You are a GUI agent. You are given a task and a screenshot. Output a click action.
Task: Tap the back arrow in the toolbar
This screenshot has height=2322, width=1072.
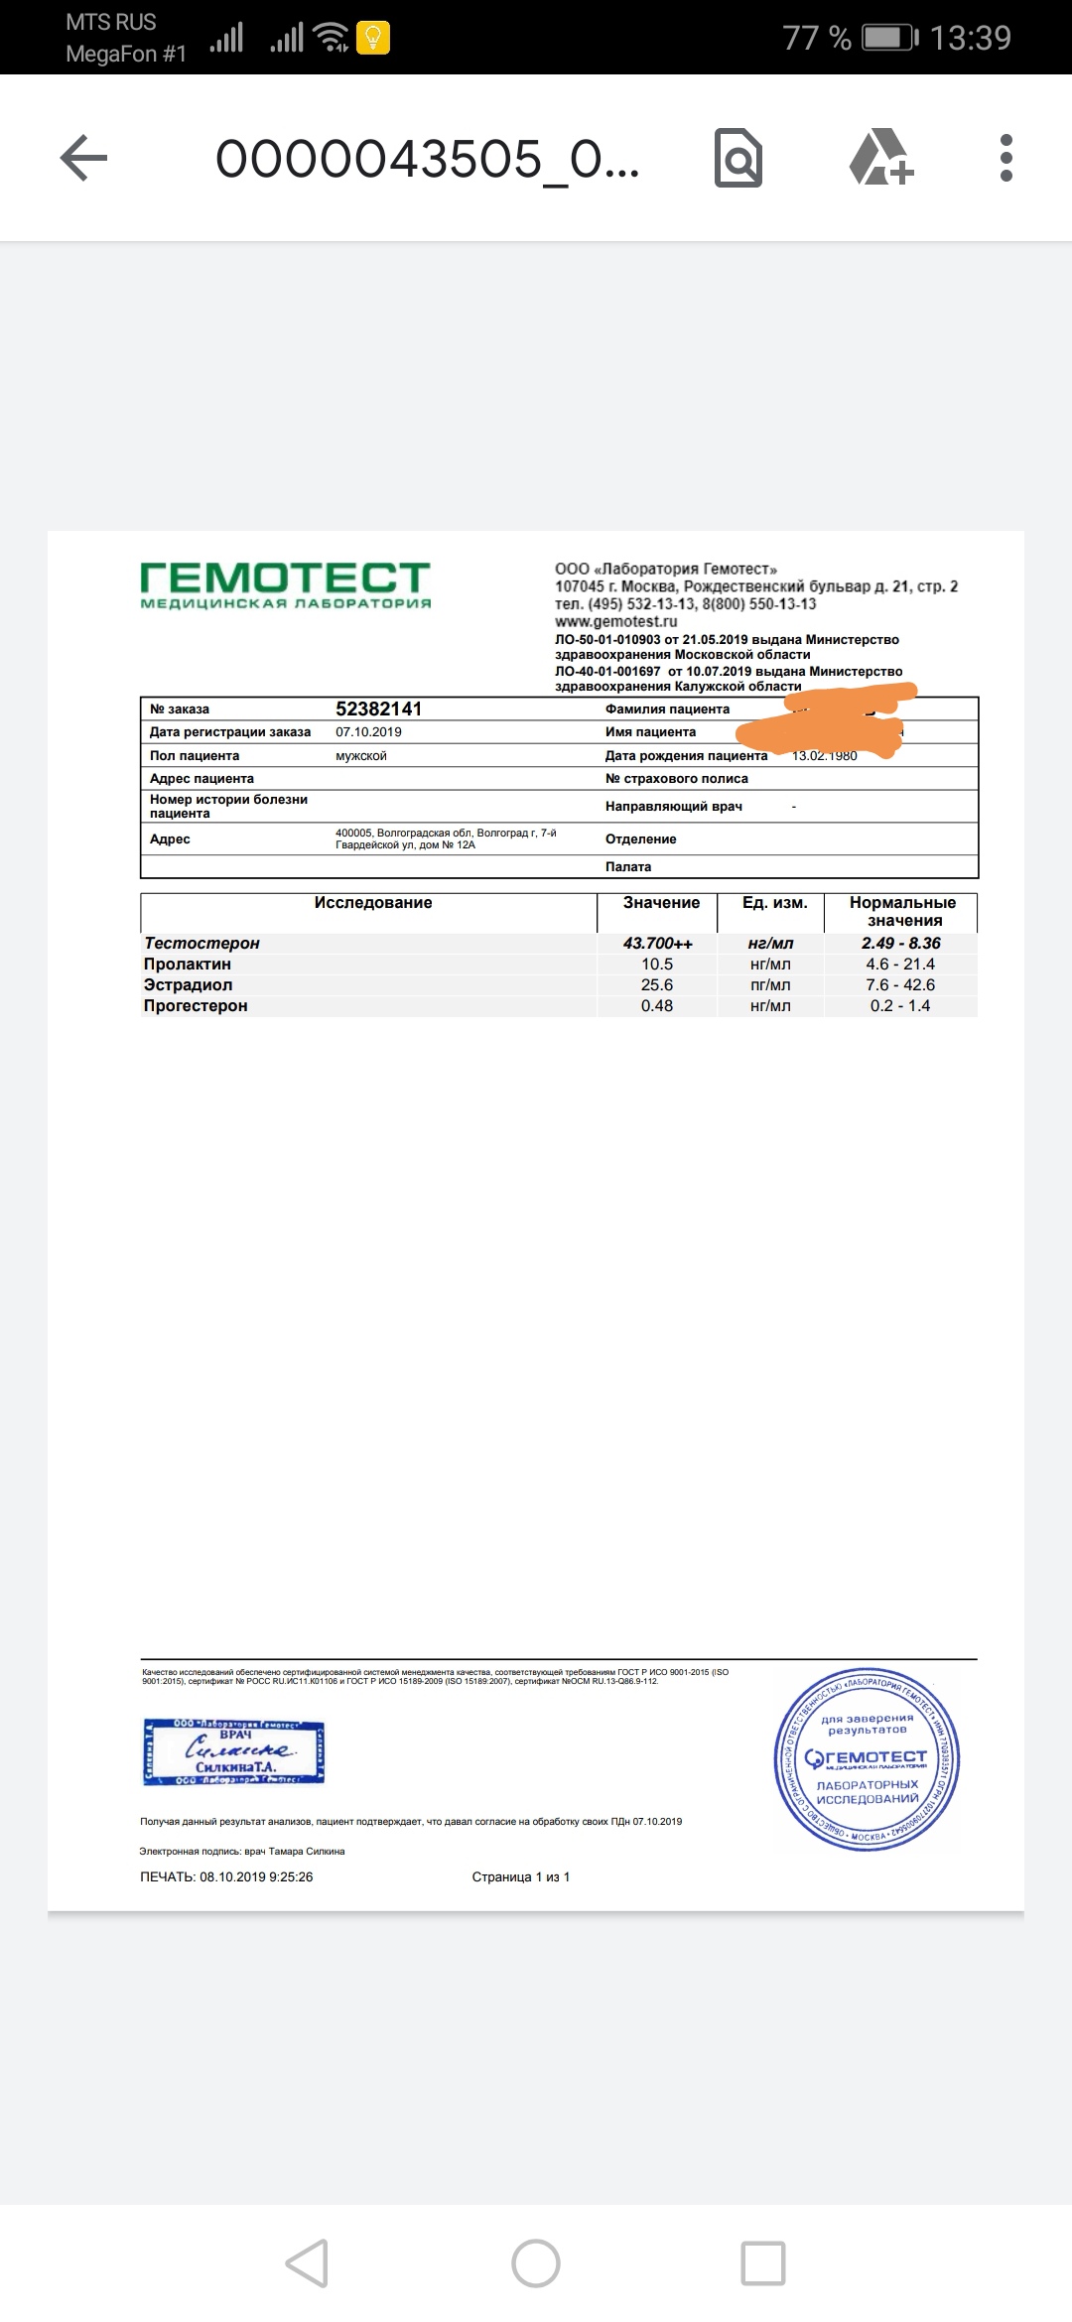83,159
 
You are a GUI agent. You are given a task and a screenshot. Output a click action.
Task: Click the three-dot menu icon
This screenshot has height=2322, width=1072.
1005,159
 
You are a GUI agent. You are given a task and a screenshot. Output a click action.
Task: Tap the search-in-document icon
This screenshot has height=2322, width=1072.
738,159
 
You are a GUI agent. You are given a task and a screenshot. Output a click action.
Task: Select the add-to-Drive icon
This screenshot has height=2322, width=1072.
880,159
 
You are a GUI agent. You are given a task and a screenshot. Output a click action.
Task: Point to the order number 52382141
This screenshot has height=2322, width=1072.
378,709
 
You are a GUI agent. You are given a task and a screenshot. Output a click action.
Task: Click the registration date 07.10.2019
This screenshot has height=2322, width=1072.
368,732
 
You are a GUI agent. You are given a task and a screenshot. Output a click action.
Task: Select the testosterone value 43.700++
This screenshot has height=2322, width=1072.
657,943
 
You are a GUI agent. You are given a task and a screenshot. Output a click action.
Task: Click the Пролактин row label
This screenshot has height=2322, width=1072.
188,964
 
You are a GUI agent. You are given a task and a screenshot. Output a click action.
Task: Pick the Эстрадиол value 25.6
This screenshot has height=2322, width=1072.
657,984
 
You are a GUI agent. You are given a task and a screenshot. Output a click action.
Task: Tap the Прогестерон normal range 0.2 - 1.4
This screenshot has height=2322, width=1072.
900,1005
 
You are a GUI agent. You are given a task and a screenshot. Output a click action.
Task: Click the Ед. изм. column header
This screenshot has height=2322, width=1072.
774,903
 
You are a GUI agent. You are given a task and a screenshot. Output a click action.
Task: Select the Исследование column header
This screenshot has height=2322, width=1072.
373,903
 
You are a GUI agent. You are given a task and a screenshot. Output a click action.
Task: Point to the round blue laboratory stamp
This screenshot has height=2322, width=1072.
867,1758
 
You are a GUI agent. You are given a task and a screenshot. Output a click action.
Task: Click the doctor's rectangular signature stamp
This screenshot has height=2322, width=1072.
234,1751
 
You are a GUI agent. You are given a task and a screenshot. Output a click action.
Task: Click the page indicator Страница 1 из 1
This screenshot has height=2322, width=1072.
520,1876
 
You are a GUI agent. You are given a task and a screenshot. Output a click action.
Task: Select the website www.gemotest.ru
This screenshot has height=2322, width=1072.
615,622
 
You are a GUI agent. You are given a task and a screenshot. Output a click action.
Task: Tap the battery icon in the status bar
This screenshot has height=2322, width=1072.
889,38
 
